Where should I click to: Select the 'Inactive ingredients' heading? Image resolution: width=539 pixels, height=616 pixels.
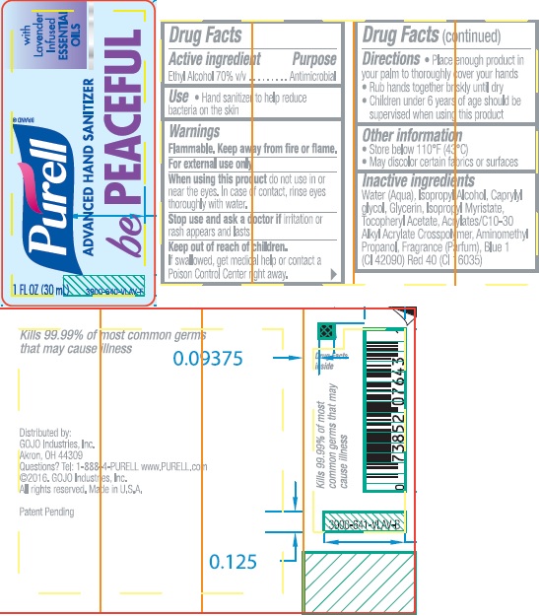(x=418, y=181)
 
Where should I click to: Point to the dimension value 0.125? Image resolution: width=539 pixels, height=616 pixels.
(x=234, y=562)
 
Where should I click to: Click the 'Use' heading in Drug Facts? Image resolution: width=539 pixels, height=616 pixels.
(x=178, y=97)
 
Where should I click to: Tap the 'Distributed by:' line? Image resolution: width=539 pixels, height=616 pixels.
(x=45, y=433)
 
